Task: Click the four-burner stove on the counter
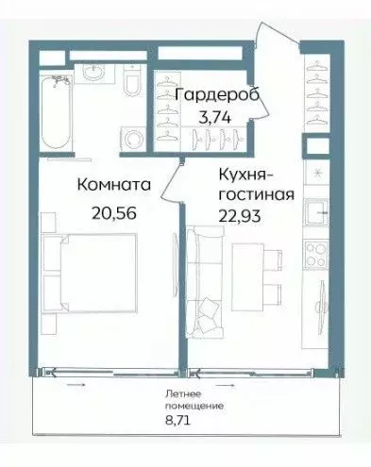coord(313,255)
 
